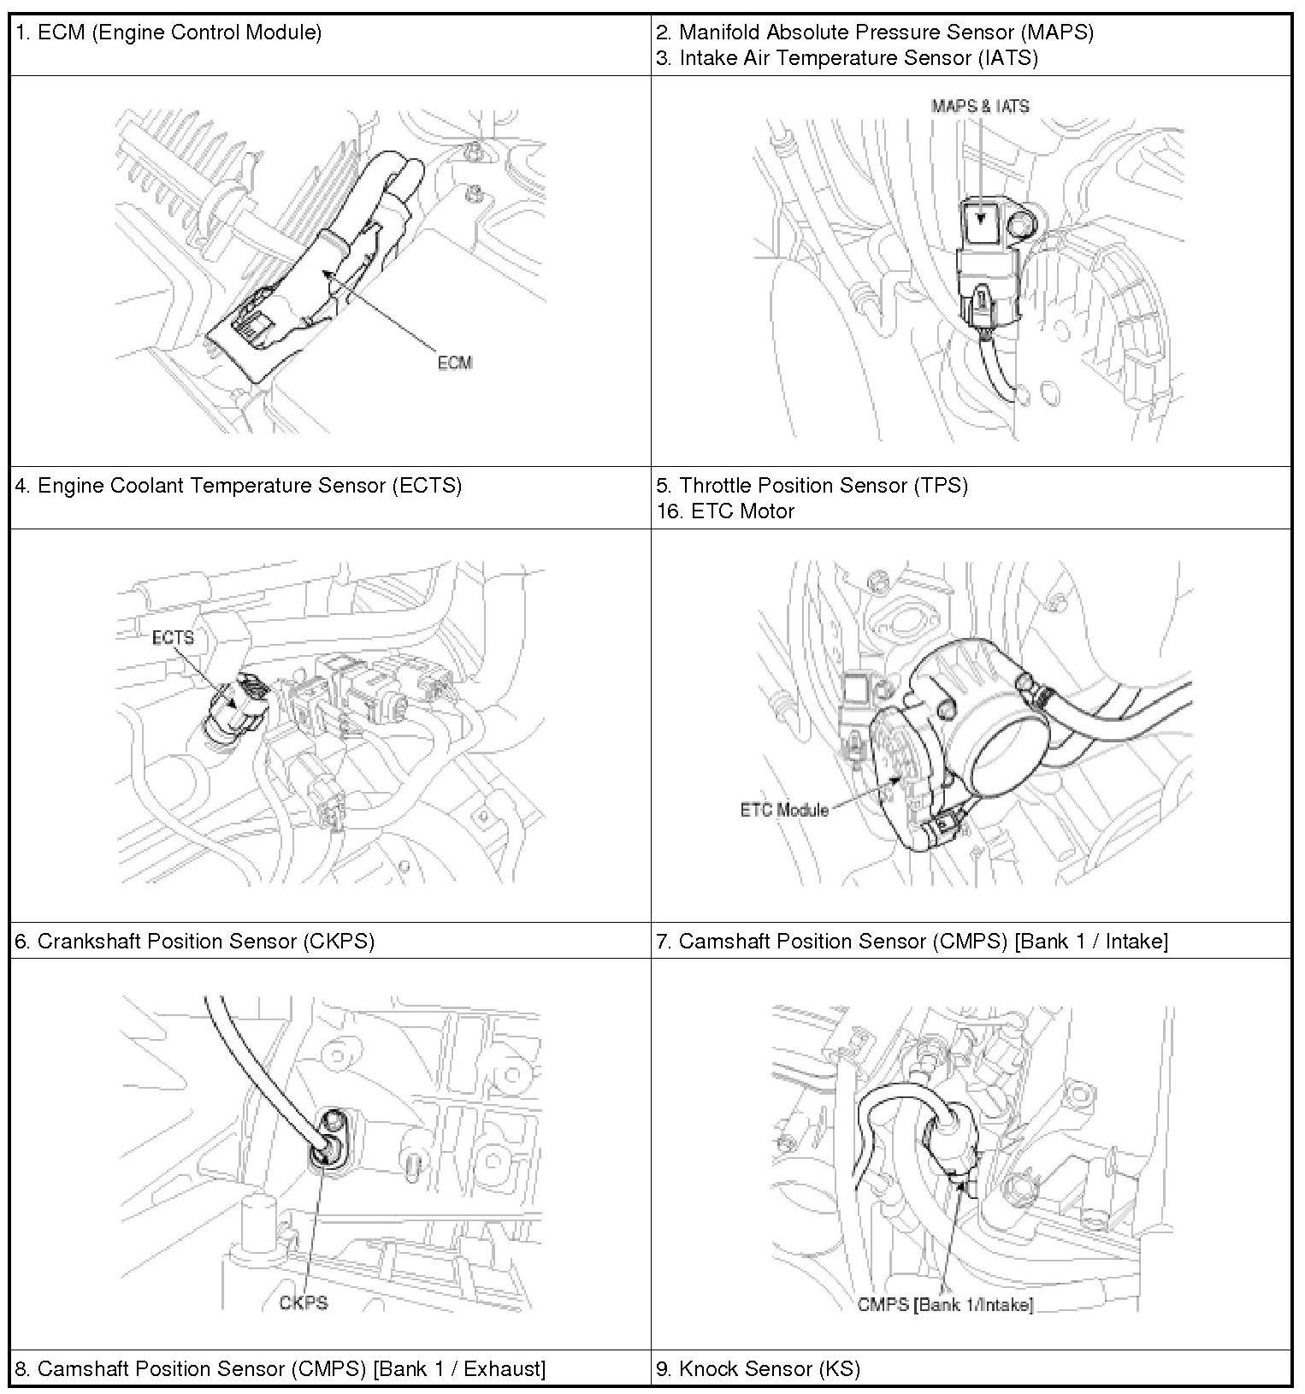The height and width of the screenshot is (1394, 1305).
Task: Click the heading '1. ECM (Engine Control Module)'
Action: tap(168, 33)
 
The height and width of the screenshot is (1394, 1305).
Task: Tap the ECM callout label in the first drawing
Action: tap(454, 363)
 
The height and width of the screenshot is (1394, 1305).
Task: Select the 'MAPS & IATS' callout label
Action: tap(980, 106)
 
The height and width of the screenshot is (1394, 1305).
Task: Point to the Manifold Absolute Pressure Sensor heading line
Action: tap(875, 32)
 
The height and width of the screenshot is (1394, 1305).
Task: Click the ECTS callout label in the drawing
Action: tap(173, 638)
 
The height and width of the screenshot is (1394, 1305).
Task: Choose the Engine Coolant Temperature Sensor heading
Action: tap(238, 486)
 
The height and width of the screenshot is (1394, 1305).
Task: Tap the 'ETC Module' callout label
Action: tap(784, 810)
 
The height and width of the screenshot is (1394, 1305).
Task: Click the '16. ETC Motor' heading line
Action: tap(725, 511)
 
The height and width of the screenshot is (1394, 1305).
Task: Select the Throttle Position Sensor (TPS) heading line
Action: tap(812, 486)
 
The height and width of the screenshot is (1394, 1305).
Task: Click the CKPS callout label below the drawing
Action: tap(304, 1302)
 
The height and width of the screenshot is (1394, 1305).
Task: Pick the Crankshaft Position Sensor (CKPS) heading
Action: tap(194, 942)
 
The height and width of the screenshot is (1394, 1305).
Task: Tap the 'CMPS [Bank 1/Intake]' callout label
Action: tap(945, 1304)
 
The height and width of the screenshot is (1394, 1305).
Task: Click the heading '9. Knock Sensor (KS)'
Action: tap(758, 1369)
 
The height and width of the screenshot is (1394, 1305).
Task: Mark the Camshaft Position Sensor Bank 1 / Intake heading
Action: tap(912, 942)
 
